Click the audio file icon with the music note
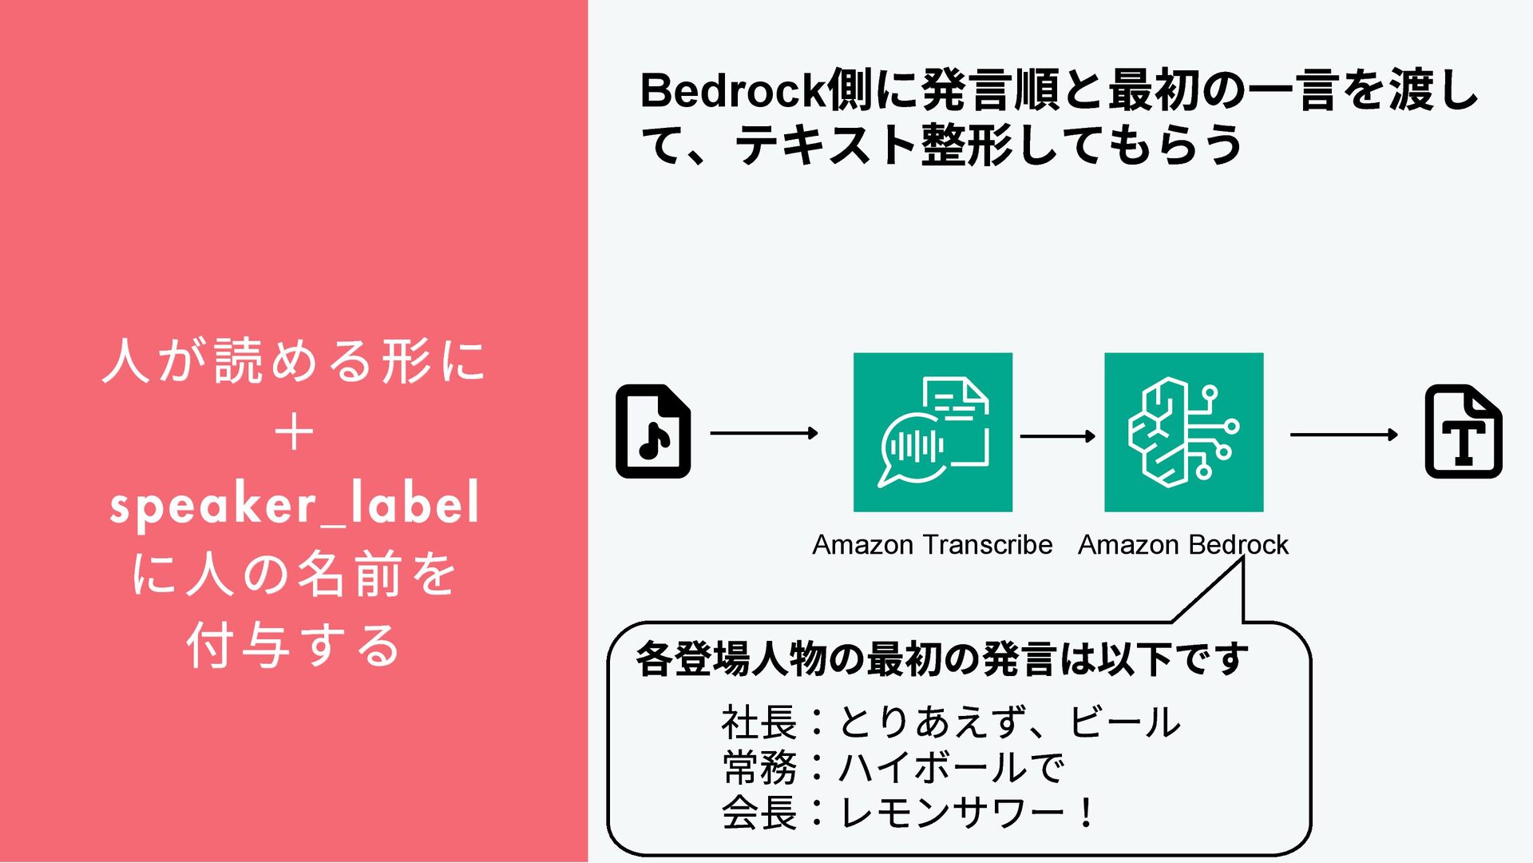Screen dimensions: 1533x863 (653, 431)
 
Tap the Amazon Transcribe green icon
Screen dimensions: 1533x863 (933, 431)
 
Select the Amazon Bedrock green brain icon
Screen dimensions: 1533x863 (1183, 431)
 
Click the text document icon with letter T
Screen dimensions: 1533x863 (1463, 431)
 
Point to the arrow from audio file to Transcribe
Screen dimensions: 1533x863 (763, 433)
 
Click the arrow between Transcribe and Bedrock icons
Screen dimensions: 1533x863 (1057, 436)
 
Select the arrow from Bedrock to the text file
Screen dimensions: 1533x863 (1343, 435)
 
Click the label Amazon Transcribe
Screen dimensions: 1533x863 (932, 545)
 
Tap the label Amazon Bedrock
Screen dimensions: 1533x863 (1182, 545)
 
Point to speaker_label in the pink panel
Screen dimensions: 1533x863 (295, 503)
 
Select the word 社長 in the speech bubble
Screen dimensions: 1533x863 (759, 722)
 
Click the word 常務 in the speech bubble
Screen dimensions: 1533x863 (759, 768)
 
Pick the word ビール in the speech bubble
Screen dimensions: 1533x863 (1124, 722)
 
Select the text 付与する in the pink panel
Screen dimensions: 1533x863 (294, 646)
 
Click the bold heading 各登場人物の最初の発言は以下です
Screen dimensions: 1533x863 (942, 660)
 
